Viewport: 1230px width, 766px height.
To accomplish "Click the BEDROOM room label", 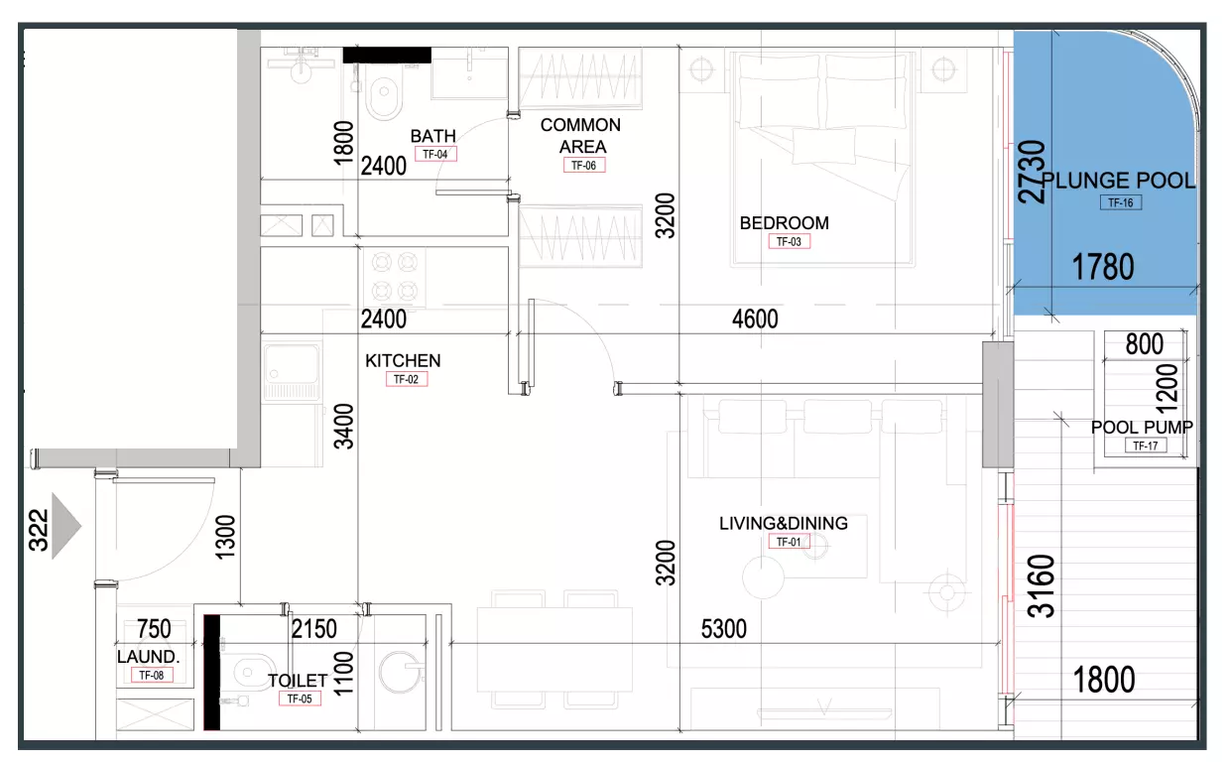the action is [784, 223].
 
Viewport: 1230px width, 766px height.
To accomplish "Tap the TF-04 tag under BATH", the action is [435, 155].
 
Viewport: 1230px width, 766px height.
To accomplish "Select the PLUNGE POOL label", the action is [1119, 181].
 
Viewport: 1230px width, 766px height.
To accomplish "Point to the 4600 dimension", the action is [755, 319].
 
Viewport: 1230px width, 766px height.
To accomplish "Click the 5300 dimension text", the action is [724, 629].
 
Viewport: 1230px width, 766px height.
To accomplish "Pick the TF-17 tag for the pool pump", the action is [1146, 446].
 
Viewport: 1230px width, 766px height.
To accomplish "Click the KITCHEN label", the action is [403, 361].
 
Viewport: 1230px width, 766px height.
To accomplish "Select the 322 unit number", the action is [39, 531].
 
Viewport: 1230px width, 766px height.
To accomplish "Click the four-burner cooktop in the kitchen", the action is [395, 276].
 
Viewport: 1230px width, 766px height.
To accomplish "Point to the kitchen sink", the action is [292, 364].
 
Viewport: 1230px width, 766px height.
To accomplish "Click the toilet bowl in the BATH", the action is [384, 97].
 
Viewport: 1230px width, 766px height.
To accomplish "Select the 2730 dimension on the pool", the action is [1032, 172].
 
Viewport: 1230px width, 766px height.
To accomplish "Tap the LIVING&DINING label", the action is [784, 523].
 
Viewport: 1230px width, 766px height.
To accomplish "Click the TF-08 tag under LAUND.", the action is [152, 675].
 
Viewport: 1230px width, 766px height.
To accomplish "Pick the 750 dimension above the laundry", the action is [154, 629].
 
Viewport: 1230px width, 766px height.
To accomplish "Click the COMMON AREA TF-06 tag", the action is [584, 166].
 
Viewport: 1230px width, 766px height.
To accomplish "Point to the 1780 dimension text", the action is [1103, 268].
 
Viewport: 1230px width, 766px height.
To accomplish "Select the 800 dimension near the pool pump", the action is [1145, 344].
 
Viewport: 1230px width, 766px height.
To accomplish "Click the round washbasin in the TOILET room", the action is [401, 672].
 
